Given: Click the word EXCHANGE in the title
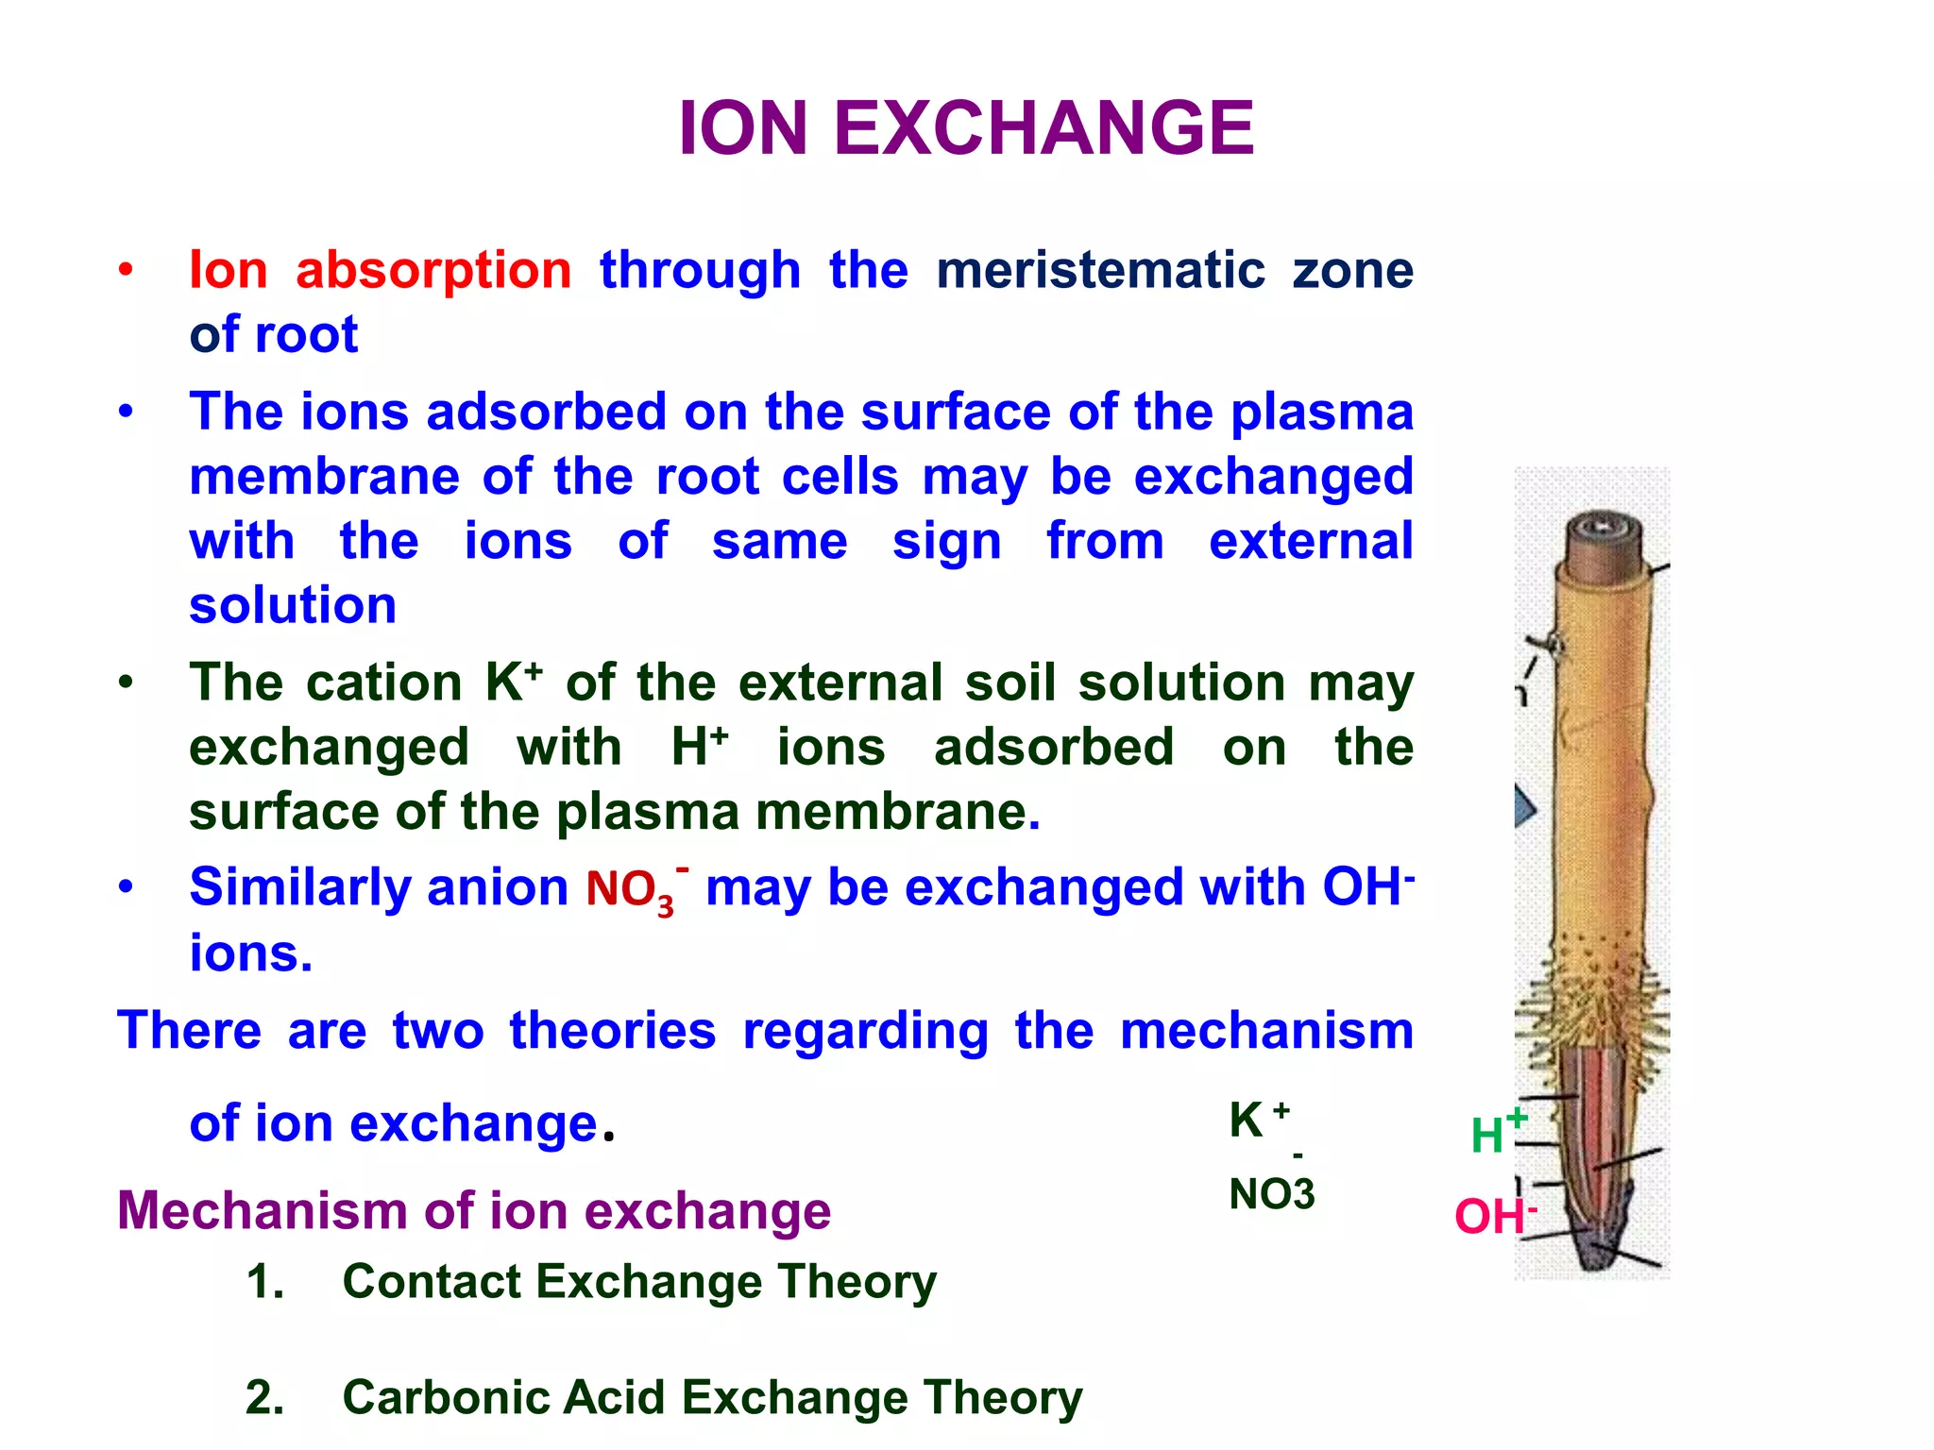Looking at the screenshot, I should tap(1043, 128).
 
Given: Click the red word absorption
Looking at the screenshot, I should tap(433, 270).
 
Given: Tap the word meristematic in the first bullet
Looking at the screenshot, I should tap(1100, 270).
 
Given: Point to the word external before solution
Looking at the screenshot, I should tap(1311, 541).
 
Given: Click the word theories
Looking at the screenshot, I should tap(613, 1030).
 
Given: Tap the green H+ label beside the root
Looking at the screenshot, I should tap(1496, 1132).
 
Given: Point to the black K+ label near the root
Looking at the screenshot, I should tap(1257, 1120).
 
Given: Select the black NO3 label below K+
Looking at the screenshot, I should tap(1271, 1194).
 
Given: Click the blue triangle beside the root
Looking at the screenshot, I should tap(1524, 808).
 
